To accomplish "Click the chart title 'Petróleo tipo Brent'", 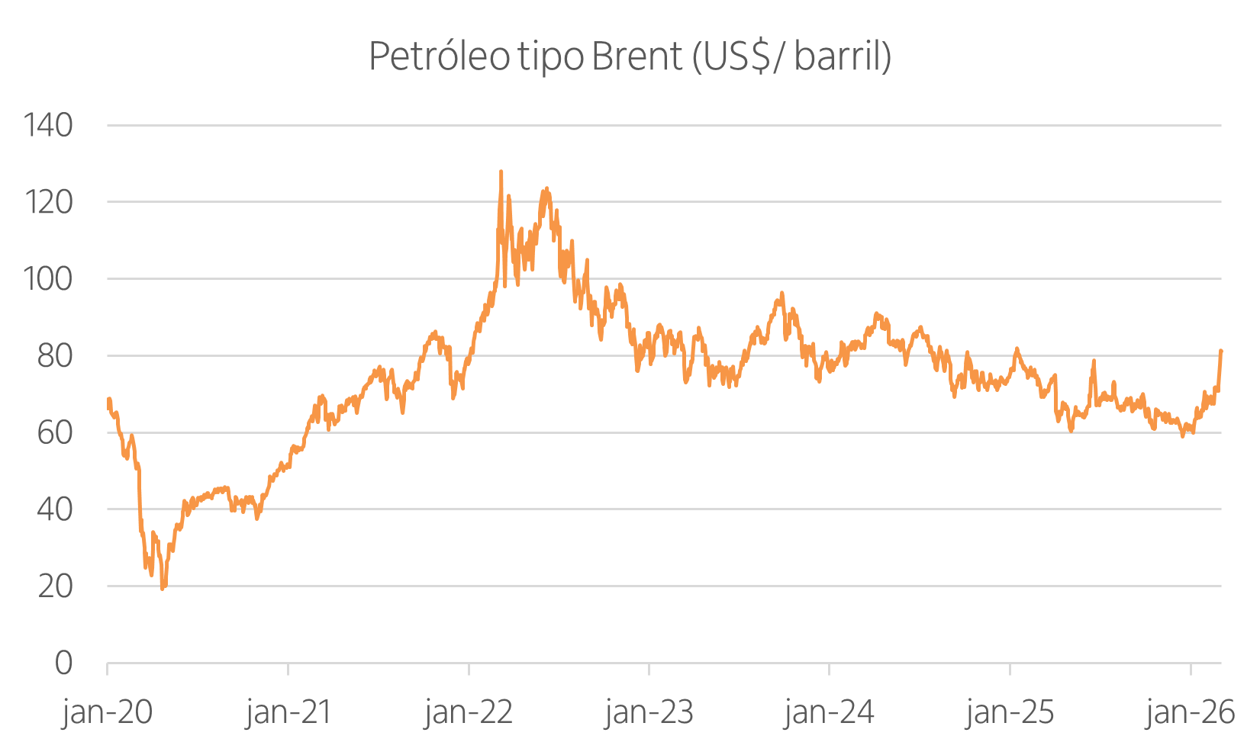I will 525,56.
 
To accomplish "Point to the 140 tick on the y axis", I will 49,125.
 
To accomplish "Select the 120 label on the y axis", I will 49,202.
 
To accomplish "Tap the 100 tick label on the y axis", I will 49,279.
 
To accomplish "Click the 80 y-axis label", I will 55,356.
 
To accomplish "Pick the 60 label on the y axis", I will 55,433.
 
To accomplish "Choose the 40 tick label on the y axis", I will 55,509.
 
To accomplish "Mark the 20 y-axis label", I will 55,586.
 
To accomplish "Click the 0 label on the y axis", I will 64,663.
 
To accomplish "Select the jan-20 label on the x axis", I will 107,712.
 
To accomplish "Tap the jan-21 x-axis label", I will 288,712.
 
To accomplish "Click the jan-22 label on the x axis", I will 469,712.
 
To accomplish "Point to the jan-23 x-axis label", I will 649,712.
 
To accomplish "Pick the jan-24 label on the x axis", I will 830,712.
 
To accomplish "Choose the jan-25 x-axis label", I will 1010,712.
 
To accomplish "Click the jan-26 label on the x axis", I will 1191,712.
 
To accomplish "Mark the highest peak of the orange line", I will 501,171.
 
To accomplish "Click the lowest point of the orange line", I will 163,589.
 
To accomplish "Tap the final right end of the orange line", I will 1221,351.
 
